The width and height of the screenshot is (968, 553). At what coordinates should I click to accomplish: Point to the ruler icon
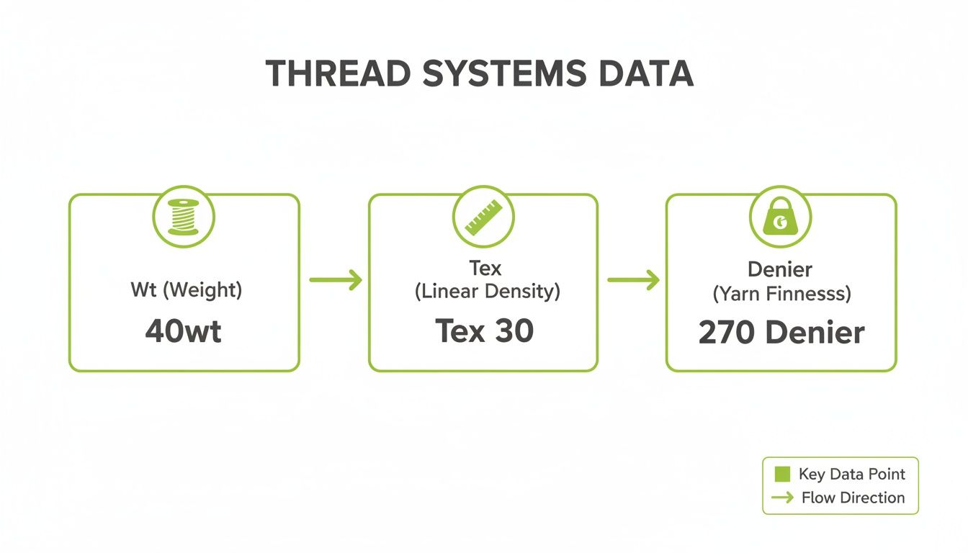(483, 217)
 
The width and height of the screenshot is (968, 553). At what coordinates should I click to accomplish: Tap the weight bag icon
(781, 217)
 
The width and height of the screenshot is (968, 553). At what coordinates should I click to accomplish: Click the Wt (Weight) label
(186, 290)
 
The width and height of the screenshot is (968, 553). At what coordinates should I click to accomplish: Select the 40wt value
(184, 331)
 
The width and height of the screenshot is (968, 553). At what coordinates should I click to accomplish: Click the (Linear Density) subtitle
(487, 292)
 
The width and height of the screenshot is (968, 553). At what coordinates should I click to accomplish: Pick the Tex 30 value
(484, 331)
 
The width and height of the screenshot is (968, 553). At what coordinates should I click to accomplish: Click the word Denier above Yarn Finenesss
(780, 270)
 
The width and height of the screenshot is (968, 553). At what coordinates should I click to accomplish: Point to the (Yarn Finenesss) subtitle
(781, 294)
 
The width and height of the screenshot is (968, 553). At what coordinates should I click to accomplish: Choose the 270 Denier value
(781, 333)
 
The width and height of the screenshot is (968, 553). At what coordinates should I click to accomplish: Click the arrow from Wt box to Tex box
(335, 279)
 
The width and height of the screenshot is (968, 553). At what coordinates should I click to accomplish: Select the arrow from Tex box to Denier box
(632, 279)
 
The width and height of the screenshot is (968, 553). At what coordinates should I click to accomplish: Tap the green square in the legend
(781, 475)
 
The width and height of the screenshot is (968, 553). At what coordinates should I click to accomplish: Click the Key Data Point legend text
(852, 475)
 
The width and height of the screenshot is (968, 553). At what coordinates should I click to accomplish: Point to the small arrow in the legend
(781, 498)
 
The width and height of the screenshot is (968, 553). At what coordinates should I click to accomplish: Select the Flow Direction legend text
(853, 498)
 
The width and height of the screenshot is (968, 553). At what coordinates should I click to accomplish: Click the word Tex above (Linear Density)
(485, 269)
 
